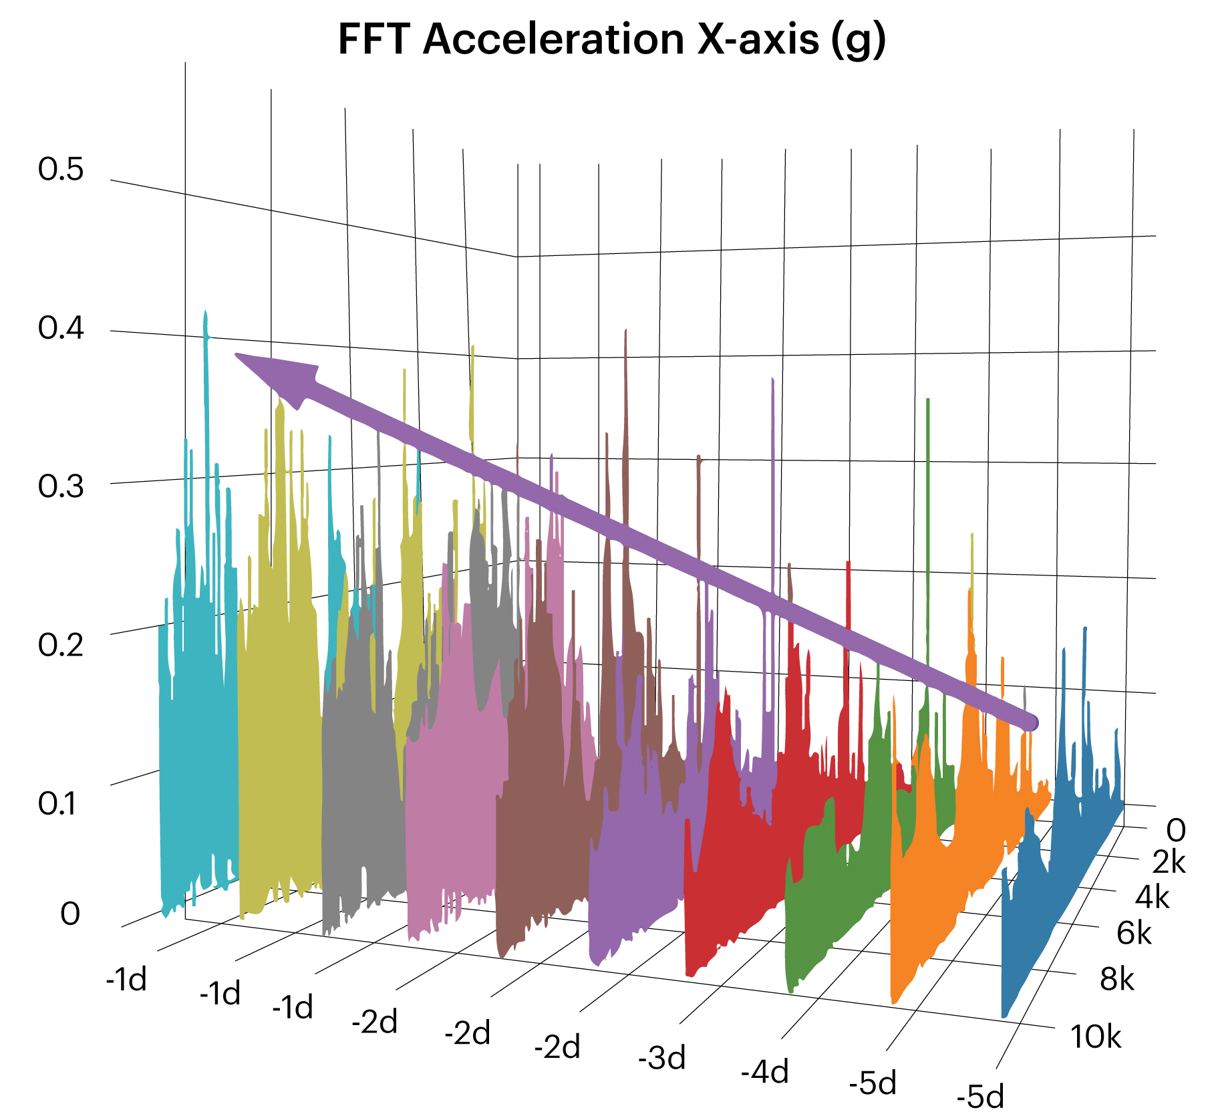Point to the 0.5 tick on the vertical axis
click(61, 169)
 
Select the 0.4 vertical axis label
click(61, 328)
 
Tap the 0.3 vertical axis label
click(61, 486)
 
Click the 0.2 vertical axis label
click(61, 644)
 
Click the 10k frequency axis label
click(1096, 1036)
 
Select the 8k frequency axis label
click(1117, 979)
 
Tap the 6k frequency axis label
click(1134, 933)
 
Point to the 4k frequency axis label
click(1152, 897)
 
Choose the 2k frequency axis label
click(1169, 862)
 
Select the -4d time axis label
click(764, 1071)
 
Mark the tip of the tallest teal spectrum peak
click(206, 313)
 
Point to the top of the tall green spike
click(928, 401)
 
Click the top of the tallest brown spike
click(625, 331)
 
